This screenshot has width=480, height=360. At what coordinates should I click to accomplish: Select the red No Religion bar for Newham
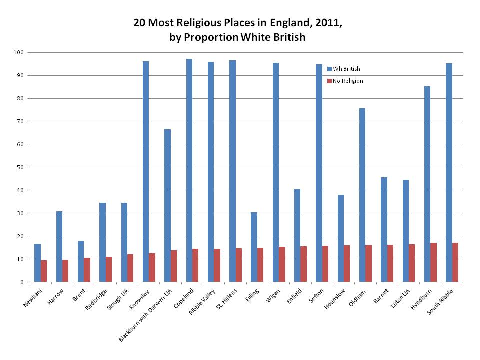pyautogui.click(x=44, y=271)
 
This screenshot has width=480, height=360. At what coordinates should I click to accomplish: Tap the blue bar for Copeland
pyautogui.click(x=189, y=170)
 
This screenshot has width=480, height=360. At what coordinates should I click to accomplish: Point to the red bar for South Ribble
pyautogui.click(x=455, y=262)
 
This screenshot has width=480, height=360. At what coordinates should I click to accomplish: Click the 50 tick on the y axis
pyautogui.click(x=21, y=167)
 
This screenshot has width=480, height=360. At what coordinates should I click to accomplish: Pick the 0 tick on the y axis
pyautogui.click(x=22, y=282)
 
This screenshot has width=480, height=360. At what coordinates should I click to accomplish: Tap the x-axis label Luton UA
pyautogui.click(x=398, y=298)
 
